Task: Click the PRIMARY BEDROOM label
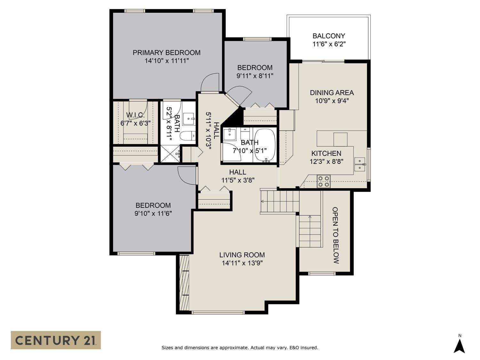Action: click(166, 53)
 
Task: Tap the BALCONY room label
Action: click(329, 36)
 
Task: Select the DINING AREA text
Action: click(332, 93)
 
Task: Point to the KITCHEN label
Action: click(326, 154)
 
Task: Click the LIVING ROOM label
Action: click(242, 255)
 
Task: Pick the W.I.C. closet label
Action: click(135, 115)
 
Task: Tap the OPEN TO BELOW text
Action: click(335, 235)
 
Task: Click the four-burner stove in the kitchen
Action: click(324, 181)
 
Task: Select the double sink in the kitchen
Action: click(360, 164)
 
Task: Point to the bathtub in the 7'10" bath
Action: click(265, 145)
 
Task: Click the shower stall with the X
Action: click(170, 154)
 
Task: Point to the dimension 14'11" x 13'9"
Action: click(242, 263)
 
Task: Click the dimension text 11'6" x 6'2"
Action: click(329, 44)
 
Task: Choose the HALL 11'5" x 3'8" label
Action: click(238, 176)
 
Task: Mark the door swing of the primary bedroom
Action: click(210, 82)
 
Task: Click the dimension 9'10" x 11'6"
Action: click(153, 213)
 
